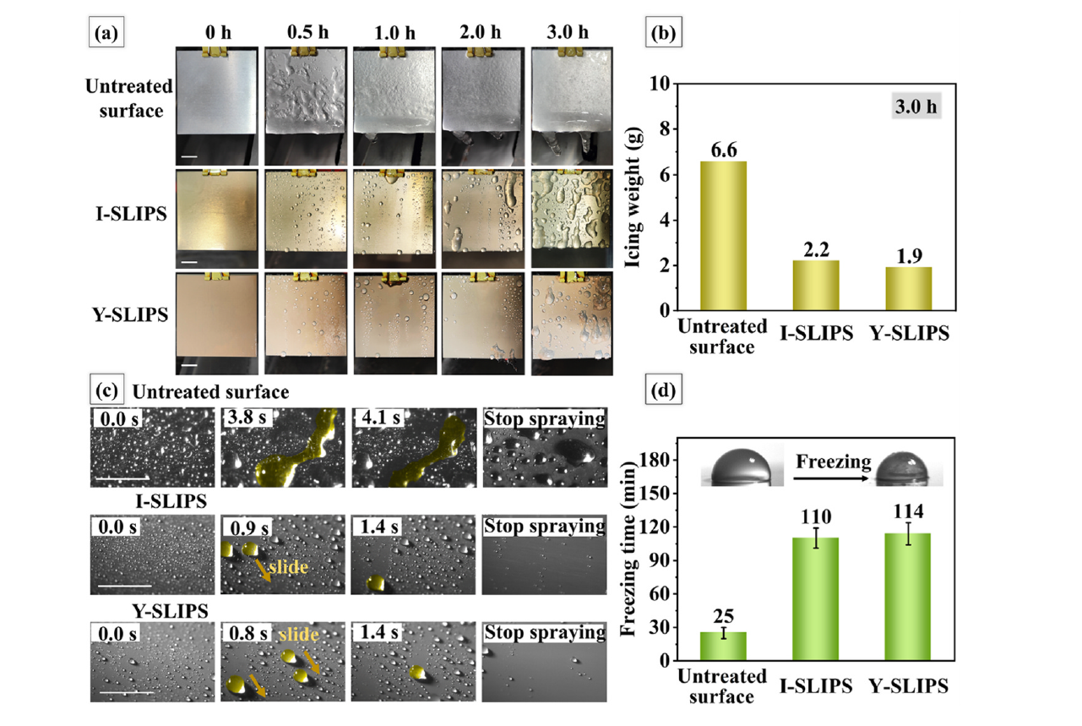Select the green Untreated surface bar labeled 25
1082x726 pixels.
click(723, 646)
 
